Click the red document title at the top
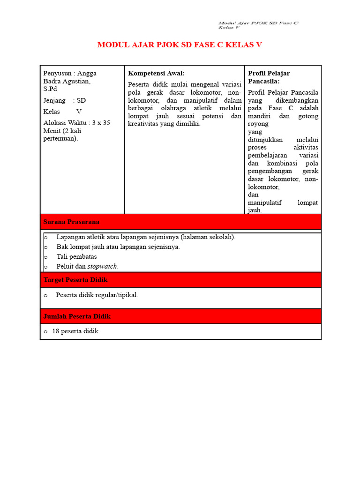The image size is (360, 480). coord(180,45)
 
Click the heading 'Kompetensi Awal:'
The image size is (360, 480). coord(156,73)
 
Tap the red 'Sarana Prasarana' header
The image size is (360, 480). coord(71,222)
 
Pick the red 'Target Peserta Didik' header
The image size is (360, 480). coord(75,280)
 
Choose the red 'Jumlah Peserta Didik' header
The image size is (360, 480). coord(77,316)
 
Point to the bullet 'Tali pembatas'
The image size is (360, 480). coord(76,256)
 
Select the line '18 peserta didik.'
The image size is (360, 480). coord(76,331)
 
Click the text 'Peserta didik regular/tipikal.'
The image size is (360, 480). coord(97,295)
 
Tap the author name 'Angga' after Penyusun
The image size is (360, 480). coord(87,73)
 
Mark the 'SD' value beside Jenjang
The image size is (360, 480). coord(81,100)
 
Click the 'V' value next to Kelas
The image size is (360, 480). coord(79,112)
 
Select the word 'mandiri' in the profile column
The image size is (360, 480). coord(259,116)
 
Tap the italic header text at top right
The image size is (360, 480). coord(258,25)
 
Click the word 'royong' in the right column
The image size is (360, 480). coord(258,124)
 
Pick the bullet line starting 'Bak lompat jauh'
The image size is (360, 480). coord(118,247)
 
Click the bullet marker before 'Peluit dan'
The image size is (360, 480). coord(46,266)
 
